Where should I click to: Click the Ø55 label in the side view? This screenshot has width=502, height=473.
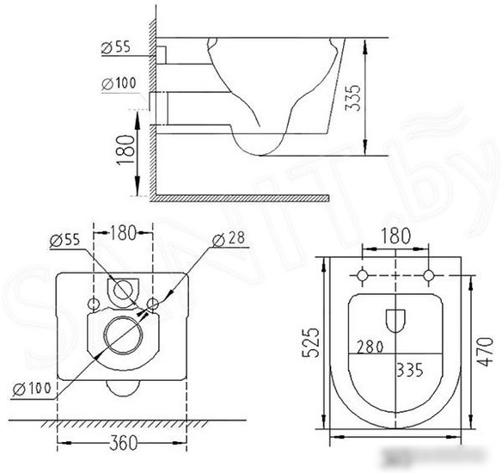coord(116,47)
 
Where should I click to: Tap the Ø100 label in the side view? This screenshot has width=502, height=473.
coord(119,83)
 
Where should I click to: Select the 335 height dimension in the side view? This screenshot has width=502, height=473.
coord(352,98)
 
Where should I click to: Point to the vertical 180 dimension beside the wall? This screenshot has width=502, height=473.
coord(125,150)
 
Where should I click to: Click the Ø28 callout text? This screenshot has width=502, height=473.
coord(229,238)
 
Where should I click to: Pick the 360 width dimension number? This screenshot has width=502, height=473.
coord(123,443)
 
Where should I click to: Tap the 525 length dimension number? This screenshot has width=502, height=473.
coord(311,342)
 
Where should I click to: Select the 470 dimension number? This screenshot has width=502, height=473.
coord(486,351)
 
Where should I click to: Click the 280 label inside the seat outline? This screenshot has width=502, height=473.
coord(370,347)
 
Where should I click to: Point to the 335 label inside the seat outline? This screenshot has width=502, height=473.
coord(410,370)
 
